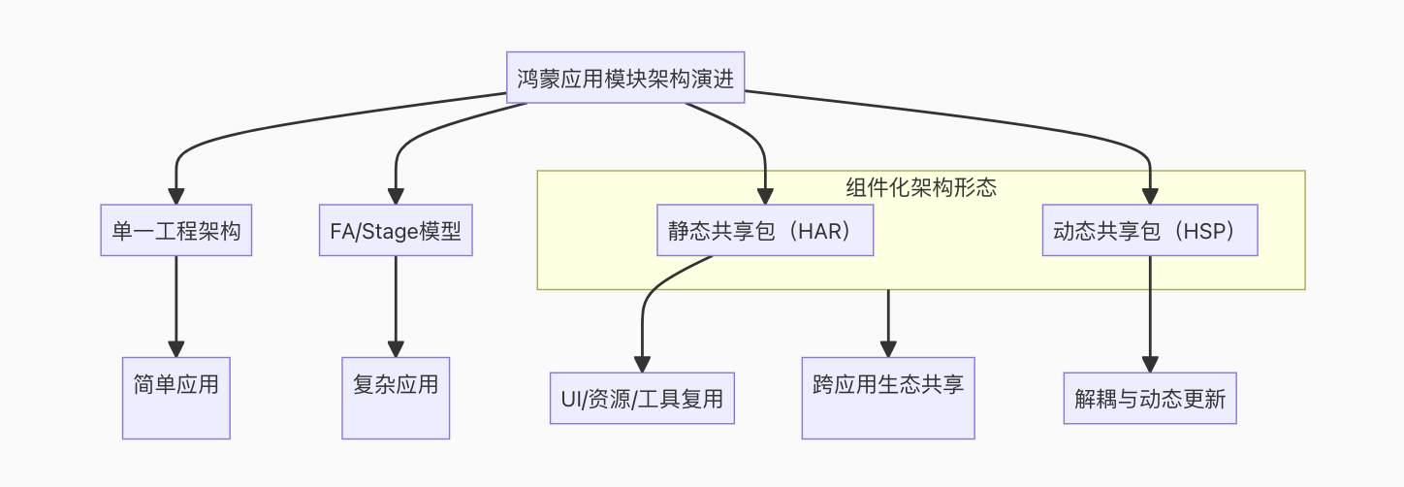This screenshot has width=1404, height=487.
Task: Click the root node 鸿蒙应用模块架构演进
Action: click(x=625, y=78)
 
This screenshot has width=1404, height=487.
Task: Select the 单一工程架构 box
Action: click(x=175, y=230)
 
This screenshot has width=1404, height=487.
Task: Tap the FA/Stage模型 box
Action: click(x=395, y=230)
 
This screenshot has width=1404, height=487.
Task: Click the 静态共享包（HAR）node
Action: click(x=765, y=230)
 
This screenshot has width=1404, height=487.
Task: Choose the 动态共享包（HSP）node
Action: click(x=1150, y=230)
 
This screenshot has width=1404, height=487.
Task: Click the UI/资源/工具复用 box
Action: click(x=642, y=398)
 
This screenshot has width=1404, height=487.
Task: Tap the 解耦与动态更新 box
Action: click(x=1150, y=398)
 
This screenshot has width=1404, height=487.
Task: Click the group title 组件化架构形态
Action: click(x=920, y=187)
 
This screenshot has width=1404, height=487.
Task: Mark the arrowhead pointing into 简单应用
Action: click(x=175, y=349)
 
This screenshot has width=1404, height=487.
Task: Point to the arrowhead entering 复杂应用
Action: click(x=395, y=349)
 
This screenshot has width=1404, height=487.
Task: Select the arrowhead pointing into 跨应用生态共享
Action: click(x=888, y=349)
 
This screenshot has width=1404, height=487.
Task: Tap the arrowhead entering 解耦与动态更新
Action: click(x=1150, y=364)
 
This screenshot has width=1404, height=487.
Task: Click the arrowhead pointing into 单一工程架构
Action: click(x=175, y=196)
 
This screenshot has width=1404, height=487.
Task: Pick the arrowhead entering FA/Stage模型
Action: click(x=395, y=196)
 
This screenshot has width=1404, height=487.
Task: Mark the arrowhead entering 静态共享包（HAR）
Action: click(x=765, y=196)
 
